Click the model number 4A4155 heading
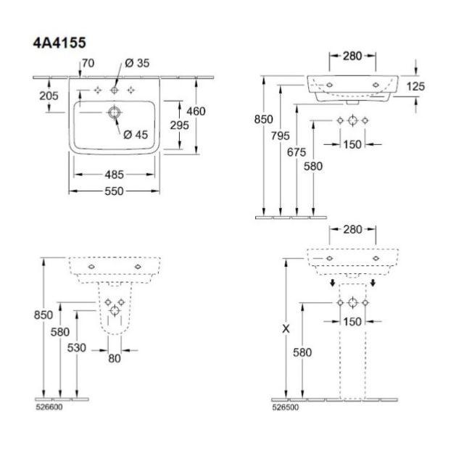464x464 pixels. (59, 42)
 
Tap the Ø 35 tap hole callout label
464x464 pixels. (137, 63)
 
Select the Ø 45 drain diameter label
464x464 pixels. (136, 135)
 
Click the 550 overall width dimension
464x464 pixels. (114, 191)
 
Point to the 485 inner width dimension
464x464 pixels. (114, 175)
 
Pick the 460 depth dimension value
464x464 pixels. (196, 111)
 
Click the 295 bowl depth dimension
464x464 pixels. (179, 125)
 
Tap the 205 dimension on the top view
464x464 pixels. (49, 96)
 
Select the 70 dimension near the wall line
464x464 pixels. (88, 63)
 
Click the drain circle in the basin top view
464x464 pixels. (115, 112)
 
